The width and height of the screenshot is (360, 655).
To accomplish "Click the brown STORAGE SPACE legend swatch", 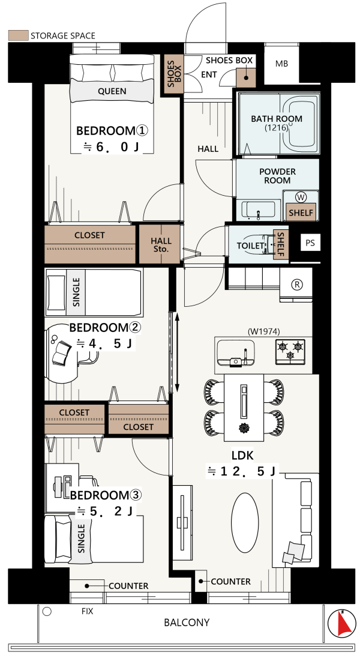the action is pyautogui.click(x=19, y=35).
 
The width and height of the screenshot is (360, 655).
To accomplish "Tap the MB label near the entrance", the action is pyautogui.click(x=281, y=64).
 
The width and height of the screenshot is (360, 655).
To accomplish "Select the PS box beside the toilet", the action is pyautogui.click(x=310, y=243).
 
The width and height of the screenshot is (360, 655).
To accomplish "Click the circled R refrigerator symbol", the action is pyautogui.click(x=296, y=285).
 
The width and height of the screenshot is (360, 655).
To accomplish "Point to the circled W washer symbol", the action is pyautogui.click(x=300, y=197).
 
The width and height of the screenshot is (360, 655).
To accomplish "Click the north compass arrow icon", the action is pyautogui.click(x=341, y=624).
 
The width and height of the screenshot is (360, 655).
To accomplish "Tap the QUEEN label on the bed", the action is pyautogui.click(x=112, y=91).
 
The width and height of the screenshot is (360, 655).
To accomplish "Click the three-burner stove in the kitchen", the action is pyautogui.click(x=290, y=350).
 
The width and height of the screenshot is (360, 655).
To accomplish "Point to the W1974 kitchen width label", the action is pyautogui.click(x=263, y=331).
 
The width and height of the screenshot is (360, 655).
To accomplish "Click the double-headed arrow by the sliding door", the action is pyautogui.click(x=177, y=352).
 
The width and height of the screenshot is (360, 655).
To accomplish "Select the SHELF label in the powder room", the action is pyautogui.click(x=301, y=213).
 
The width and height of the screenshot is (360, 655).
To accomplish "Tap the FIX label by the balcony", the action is pyautogui.click(x=87, y=611).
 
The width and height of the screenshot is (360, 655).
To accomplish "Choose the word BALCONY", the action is pyautogui.click(x=187, y=623).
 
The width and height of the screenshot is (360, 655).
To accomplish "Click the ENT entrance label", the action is pyautogui.click(x=209, y=75).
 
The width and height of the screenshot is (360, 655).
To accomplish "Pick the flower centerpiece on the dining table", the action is pyautogui.click(x=244, y=427).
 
